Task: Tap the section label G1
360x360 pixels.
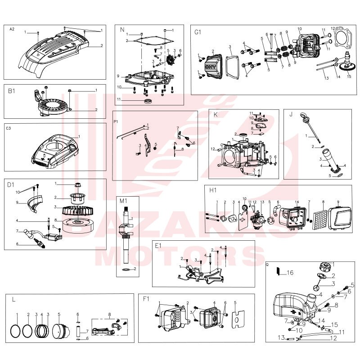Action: tap(198, 32)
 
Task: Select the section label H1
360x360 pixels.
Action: tap(213, 190)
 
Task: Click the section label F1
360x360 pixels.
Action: tap(146, 299)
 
